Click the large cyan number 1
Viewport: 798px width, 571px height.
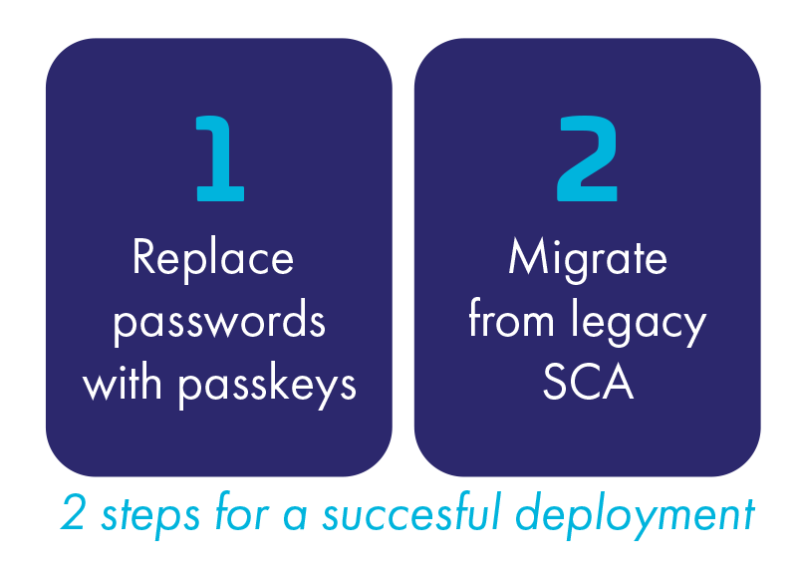[x=220, y=158]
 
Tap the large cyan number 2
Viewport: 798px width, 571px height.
[x=588, y=158]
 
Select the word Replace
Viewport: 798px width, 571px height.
[x=213, y=259]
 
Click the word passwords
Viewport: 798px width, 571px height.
[x=219, y=322]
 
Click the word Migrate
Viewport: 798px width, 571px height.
[x=588, y=259]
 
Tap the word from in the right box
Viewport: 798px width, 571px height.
[x=511, y=318]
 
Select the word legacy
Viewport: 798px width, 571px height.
[x=639, y=322]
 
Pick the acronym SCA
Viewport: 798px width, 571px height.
[x=588, y=383]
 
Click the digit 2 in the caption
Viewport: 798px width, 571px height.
[x=73, y=512]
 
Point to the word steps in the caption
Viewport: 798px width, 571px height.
[x=150, y=515]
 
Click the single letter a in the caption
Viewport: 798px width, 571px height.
[x=295, y=516]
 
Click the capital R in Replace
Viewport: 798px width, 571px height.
[x=143, y=257]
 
